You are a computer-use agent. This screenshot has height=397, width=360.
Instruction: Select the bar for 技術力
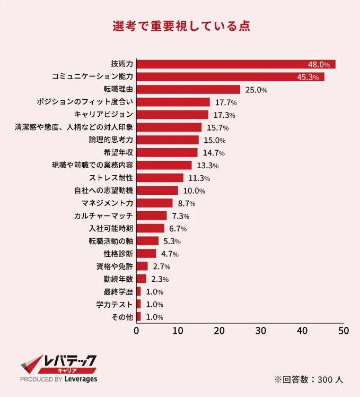pyautogui.click(x=236, y=64)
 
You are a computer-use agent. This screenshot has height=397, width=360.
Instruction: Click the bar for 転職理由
pyautogui.click(x=188, y=90)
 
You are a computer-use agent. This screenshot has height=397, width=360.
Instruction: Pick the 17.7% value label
pyautogui.click(x=225, y=102)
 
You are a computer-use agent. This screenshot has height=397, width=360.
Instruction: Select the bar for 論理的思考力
pyautogui.click(x=168, y=140)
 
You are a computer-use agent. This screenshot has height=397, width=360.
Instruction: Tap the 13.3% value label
pyautogui.click(x=207, y=166)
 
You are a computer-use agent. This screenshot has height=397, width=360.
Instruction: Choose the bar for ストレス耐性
pyautogui.click(x=160, y=178)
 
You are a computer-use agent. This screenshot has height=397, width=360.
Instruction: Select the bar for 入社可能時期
pyautogui.click(x=151, y=228)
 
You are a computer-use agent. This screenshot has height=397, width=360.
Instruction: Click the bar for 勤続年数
pyautogui.click(x=141, y=279)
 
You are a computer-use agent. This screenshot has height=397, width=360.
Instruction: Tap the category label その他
pyautogui.click(x=122, y=317)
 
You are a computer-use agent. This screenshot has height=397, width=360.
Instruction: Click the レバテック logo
pyautogui.click(x=58, y=366)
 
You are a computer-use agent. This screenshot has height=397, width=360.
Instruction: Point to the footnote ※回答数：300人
pyautogui.click(x=309, y=380)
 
